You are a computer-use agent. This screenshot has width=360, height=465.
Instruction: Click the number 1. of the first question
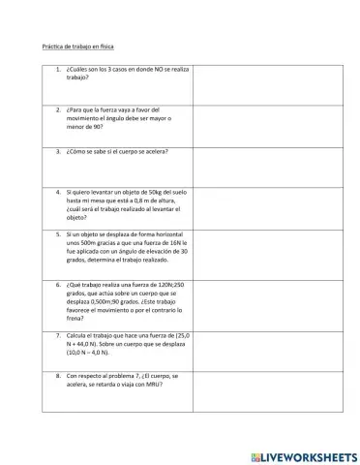(x=59, y=70)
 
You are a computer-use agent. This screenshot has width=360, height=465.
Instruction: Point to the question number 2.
(x=59, y=109)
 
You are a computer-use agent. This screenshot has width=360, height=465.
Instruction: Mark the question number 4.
(x=59, y=192)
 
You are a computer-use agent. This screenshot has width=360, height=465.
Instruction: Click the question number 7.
(x=59, y=334)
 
